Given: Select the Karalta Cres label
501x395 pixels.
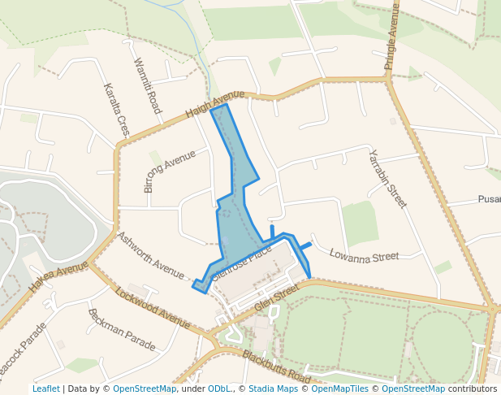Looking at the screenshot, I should pos(117,109).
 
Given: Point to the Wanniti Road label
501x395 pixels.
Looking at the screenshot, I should pos(146,85).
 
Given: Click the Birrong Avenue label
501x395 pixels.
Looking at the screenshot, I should pos(170,171).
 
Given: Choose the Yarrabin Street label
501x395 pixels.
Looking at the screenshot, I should pos(387,179).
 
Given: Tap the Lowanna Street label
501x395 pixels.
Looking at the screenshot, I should pos(364,256).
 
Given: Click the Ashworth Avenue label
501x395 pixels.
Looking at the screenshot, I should pos(151,255).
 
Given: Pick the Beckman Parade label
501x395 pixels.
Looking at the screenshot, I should pos(121,329).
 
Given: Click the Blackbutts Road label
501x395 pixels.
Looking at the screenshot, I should pos(276,367).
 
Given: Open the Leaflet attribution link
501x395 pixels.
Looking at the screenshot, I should pos(45,388).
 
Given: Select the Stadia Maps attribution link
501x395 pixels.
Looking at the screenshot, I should pos(273,388).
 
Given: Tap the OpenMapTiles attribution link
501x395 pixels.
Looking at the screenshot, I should pos(337,388).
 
